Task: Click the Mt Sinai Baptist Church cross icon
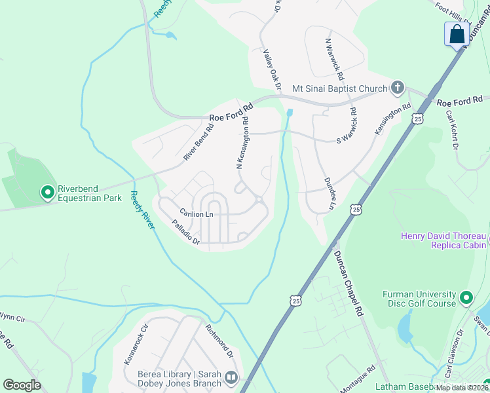pyautogui.click(x=397, y=88)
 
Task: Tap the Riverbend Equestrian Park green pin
pyautogui.click(x=47, y=193)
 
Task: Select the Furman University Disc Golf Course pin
pyautogui.click(x=466, y=298)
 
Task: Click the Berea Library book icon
pyautogui.click(x=230, y=377)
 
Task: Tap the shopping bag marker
pyautogui.click(x=457, y=35)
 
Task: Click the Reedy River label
pyautogui.click(x=142, y=210)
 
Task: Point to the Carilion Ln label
pyautogui.click(x=197, y=214)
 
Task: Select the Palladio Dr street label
pyautogui.click(x=185, y=233)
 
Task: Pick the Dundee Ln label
pyautogui.click(x=330, y=189)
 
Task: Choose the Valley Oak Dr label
pyautogui.click(x=272, y=69)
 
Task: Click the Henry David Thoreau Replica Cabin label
pyautogui.click(x=444, y=240)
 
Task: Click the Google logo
pyautogui.click(x=22, y=385)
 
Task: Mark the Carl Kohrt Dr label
pyautogui.click(x=451, y=129)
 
